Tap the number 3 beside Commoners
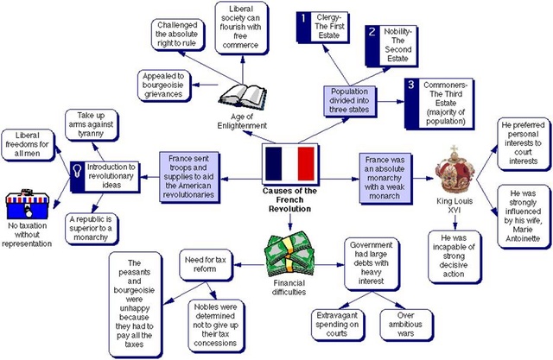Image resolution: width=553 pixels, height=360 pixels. click(411, 85)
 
